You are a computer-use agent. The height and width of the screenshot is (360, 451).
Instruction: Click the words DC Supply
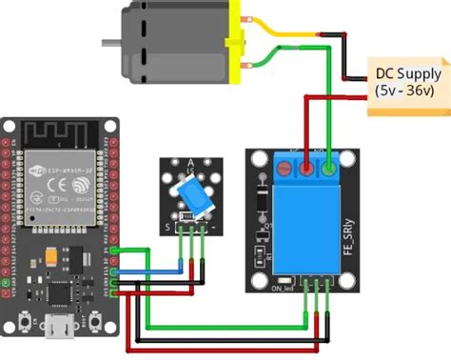[x=408, y=73]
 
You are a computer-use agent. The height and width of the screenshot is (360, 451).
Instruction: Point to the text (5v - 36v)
[x=408, y=91]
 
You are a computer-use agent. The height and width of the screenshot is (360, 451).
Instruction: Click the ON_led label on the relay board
[x=283, y=287]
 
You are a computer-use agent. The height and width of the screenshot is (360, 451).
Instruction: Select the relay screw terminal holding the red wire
[x=307, y=170]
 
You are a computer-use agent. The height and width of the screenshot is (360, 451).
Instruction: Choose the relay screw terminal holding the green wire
[x=328, y=170]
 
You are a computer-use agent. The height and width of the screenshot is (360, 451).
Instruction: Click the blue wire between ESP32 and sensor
[x=152, y=270]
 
